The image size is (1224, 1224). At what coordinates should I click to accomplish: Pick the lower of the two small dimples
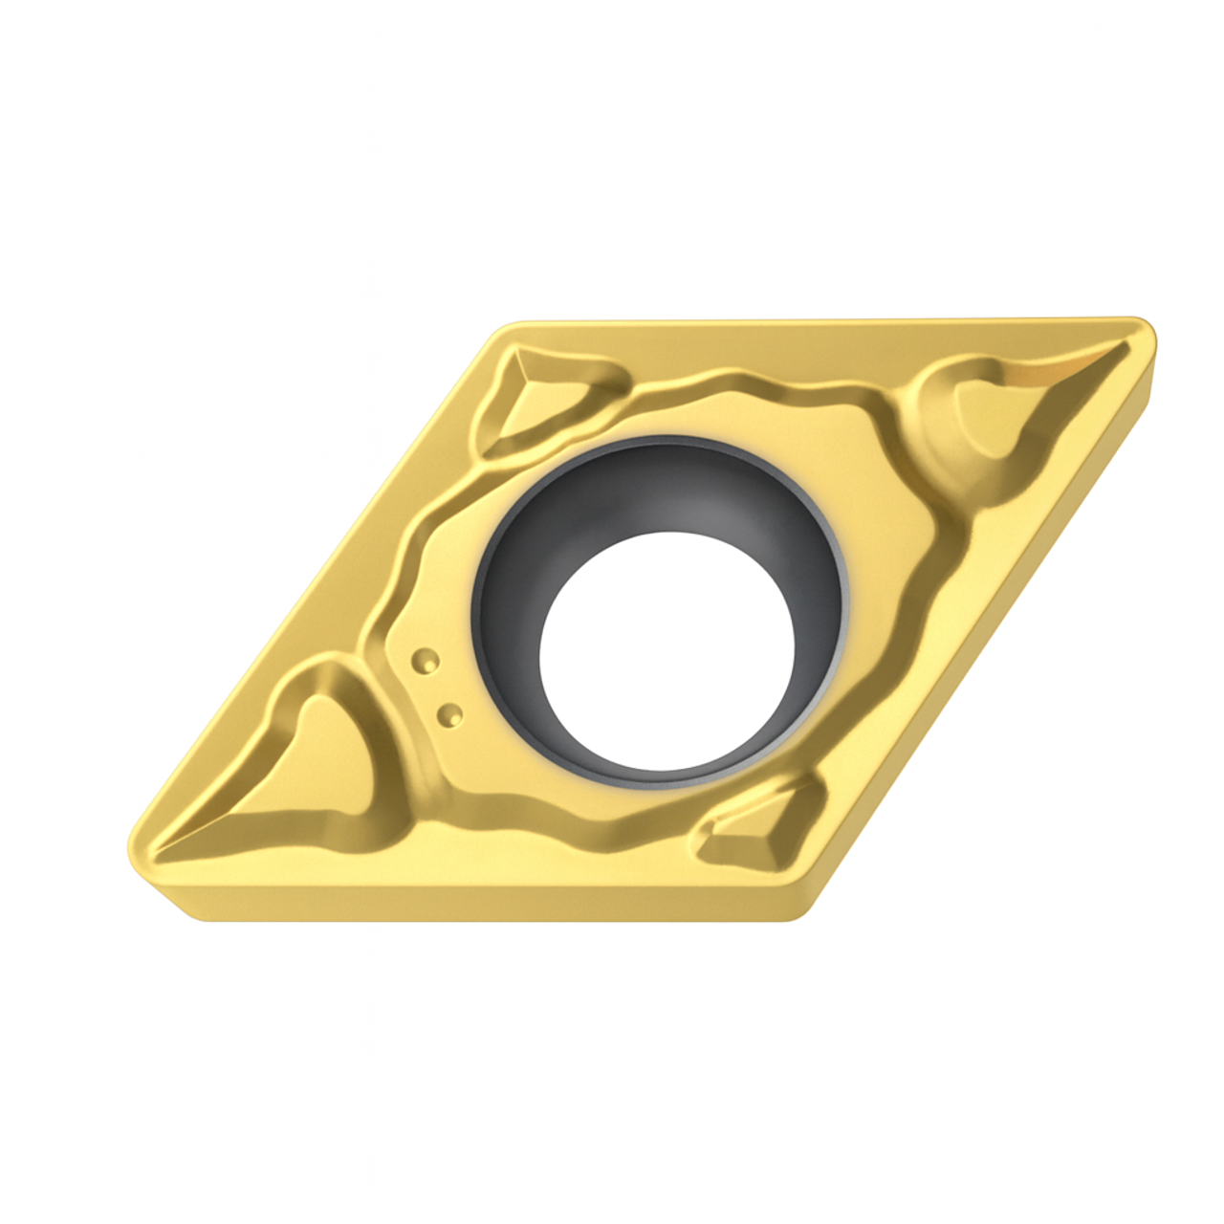(x=447, y=712)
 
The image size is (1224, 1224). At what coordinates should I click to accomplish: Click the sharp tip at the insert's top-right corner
(x=1147, y=330)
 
